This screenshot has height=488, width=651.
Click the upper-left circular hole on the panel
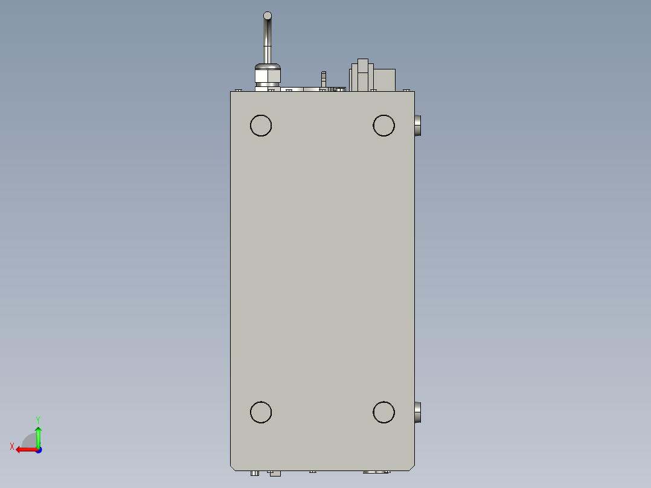tap(261, 126)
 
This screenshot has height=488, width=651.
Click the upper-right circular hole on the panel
tap(383, 126)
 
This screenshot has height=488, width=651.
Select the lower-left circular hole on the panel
tap(261, 413)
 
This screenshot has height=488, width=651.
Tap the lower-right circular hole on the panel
tap(383, 413)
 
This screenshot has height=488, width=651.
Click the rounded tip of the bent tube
tap(268, 16)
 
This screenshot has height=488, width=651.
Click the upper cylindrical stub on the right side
tap(418, 126)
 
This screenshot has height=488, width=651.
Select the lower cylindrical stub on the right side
tap(418, 413)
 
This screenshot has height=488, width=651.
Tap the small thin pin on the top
tap(324, 79)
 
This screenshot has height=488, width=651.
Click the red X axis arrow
tap(25, 449)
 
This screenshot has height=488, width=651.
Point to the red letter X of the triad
tap(12, 446)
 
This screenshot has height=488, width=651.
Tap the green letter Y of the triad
tap(38, 420)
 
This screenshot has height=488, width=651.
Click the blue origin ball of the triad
tap(38, 449)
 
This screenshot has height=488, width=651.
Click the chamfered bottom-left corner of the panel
tap(232, 468)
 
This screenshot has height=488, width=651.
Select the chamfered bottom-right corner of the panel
tap(412, 468)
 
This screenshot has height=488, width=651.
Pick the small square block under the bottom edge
tap(274, 474)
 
